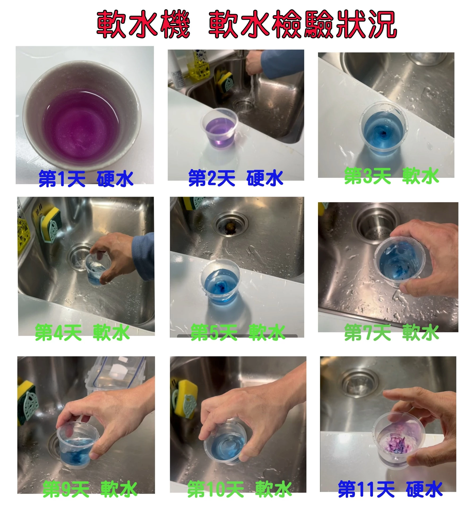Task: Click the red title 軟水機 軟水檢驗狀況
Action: (246, 24)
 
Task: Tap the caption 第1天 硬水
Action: (86, 179)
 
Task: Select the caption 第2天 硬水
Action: (235, 178)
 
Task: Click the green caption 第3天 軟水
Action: (391, 176)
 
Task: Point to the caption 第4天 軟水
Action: (82, 332)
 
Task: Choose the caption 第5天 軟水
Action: (238, 332)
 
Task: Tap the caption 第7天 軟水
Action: (391, 332)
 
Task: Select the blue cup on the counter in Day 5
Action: (220, 284)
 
